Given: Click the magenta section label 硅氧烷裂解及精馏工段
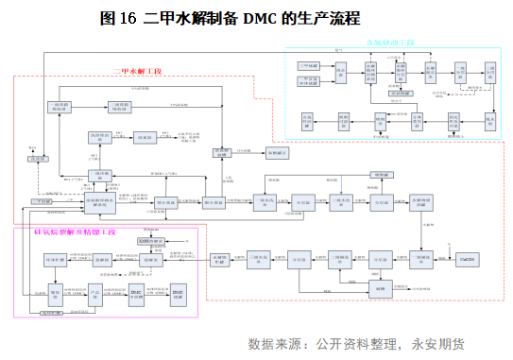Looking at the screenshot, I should pos(68,231).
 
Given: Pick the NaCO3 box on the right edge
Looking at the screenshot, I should pos(465,258).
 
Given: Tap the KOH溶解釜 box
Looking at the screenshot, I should pos(149,243).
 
